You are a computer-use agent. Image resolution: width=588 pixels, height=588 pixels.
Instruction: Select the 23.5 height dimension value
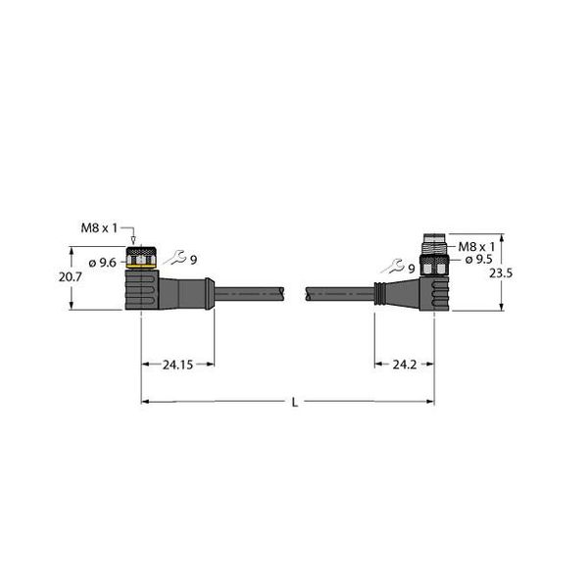tap(500, 275)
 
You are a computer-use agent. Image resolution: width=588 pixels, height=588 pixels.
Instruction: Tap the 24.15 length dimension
tap(177, 365)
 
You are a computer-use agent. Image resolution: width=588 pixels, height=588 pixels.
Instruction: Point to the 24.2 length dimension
tap(404, 365)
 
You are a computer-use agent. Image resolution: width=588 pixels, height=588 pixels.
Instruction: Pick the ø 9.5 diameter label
tap(477, 260)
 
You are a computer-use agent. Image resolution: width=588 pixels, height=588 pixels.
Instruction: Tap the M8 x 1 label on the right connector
tap(477, 245)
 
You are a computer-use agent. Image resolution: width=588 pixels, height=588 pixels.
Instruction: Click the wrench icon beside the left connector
tap(176, 258)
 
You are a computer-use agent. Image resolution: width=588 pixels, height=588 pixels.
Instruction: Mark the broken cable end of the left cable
tap(284, 291)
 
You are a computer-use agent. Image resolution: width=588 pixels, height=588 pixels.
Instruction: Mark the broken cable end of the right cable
tap(310, 291)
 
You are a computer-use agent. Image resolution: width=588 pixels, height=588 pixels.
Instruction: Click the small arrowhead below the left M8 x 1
tap(133, 240)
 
